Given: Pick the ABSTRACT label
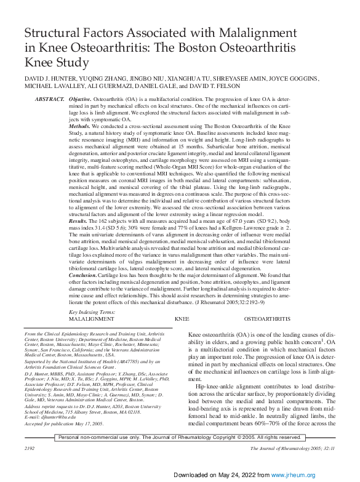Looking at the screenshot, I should click(x=50, y=99).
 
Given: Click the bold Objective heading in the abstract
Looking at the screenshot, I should click(x=80, y=99).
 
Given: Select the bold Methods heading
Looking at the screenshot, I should click(x=79, y=125).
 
